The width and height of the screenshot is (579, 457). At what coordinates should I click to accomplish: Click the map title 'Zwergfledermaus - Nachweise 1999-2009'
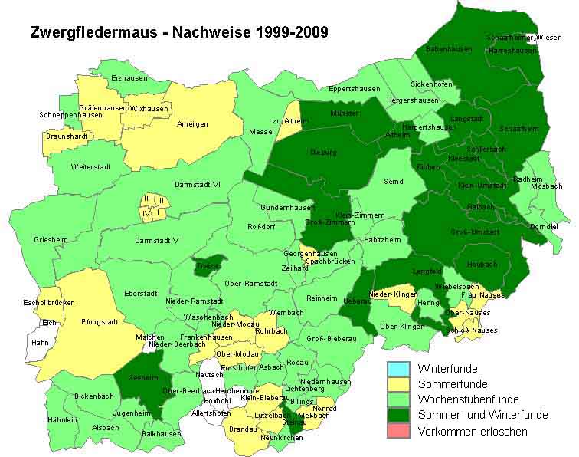pyautogui.click(x=179, y=32)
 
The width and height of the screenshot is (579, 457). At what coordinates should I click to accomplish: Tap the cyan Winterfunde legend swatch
pyautogui.click(x=401, y=368)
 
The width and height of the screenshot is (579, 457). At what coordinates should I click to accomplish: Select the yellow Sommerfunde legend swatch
pyautogui.click(x=401, y=383)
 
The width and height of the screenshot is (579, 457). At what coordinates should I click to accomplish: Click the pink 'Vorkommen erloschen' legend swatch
pyautogui.click(x=401, y=431)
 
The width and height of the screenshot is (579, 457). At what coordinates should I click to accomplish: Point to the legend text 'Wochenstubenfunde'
pyautogui.click(x=468, y=399)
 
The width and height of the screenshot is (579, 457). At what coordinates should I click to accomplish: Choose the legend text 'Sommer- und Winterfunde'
pyautogui.click(x=483, y=415)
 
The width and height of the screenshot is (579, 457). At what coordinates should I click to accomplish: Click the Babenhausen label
pyautogui.click(x=450, y=48)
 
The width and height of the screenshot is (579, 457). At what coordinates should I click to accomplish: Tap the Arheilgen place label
pyautogui.click(x=192, y=123)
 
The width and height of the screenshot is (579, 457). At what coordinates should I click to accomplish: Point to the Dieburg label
pyautogui.click(x=324, y=152)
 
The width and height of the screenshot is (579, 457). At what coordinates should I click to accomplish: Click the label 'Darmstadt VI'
pyautogui.click(x=198, y=184)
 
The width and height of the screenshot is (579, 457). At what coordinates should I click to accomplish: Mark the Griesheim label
pyautogui.click(x=51, y=240)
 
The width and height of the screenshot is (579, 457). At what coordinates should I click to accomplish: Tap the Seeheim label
pyautogui.click(x=138, y=377)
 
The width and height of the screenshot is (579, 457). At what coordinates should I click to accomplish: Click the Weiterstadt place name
pyautogui.click(x=91, y=166)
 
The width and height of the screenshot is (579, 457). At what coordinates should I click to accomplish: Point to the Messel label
pyautogui.click(x=261, y=132)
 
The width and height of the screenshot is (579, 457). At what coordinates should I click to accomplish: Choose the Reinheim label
pyautogui.click(x=321, y=298)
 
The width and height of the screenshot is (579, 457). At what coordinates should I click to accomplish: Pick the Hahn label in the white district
pyautogui.click(x=40, y=344)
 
